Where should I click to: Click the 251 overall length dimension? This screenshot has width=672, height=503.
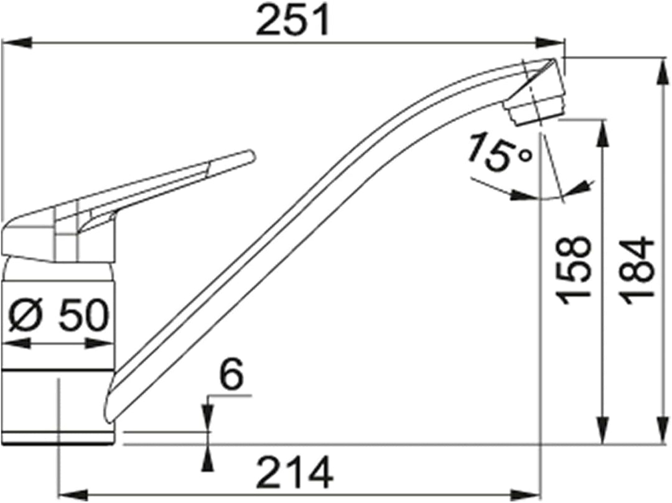point(293,20)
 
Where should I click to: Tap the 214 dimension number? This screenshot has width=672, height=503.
point(296,472)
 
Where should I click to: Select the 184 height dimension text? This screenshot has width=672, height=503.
point(638,271)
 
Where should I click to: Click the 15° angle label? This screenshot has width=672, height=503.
point(500,152)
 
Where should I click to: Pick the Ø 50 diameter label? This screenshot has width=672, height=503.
point(58,315)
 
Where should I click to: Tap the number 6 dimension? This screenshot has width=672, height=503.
point(231,374)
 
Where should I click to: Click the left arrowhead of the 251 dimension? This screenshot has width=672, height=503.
point(17,43)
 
